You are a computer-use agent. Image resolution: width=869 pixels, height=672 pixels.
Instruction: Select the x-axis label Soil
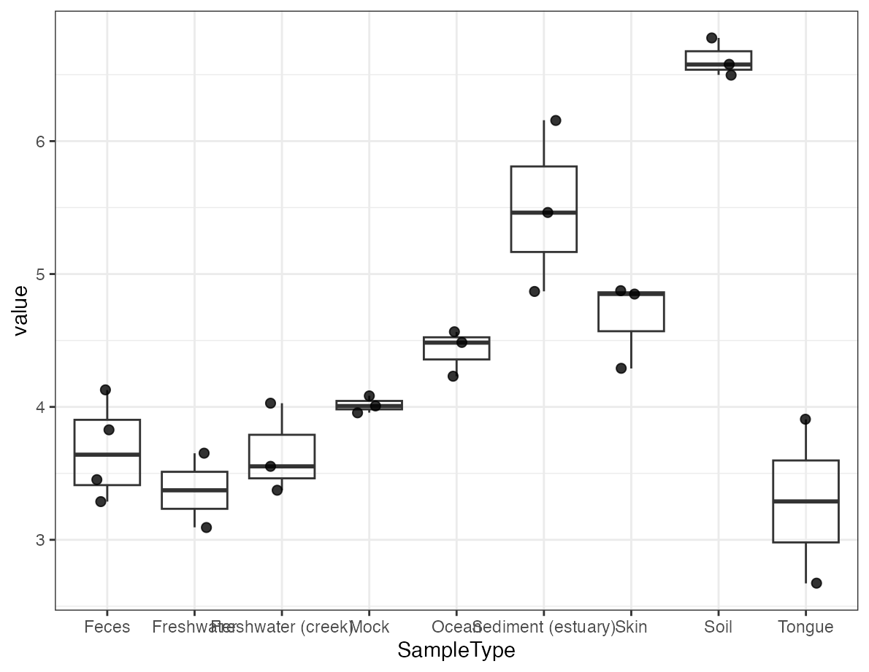point(718,627)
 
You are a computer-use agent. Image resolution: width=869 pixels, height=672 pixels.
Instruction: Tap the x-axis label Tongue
point(805,627)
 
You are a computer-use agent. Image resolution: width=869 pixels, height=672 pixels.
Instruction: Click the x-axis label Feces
point(107,627)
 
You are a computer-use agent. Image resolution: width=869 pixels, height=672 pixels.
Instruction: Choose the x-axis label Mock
point(370,627)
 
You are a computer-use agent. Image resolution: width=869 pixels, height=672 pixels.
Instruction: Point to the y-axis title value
point(20,310)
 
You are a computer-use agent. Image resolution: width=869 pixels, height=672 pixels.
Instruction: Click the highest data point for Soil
point(712,38)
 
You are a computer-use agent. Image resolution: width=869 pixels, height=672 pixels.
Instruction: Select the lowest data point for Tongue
point(816,583)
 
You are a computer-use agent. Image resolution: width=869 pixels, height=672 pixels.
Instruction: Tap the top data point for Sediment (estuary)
point(555,120)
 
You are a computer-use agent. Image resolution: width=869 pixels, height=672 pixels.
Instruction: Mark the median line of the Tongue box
point(805,501)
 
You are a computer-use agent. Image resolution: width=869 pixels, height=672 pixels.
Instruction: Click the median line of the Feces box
point(107,455)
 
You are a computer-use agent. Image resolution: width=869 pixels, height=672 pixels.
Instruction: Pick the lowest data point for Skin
point(621,368)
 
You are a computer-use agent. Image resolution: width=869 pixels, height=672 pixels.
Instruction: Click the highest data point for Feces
point(105,390)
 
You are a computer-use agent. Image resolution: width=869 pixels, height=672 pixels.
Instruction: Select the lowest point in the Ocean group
point(453,376)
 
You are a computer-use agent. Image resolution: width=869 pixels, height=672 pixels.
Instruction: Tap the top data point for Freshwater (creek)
point(270,403)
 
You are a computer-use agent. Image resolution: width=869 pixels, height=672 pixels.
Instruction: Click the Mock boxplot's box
point(369,405)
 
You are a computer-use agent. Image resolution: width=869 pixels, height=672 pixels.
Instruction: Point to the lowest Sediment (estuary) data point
point(535,292)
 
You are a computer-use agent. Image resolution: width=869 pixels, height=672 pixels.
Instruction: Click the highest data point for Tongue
point(805,420)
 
